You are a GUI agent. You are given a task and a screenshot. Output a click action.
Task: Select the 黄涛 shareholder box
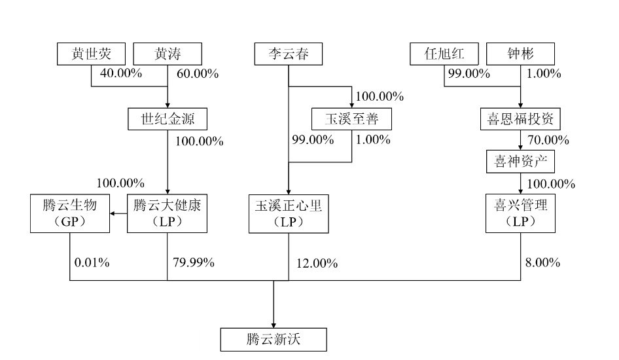click(x=167, y=54)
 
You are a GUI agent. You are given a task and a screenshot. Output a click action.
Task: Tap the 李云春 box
click(x=289, y=54)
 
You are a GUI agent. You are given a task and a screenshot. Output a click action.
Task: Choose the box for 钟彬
click(x=521, y=54)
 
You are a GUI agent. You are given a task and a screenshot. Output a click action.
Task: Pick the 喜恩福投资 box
click(x=520, y=120)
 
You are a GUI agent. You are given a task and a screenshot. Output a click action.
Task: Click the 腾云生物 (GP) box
click(x=69, y=213)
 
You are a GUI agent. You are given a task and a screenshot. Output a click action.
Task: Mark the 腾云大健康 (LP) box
click(x=167, y=213)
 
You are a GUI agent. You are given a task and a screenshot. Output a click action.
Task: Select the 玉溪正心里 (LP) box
click(x=289, y=213)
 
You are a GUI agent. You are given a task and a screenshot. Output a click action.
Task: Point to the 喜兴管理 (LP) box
click(x=520, y=213)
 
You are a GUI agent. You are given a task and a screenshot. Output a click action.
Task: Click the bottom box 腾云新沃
click(x=273, y=340)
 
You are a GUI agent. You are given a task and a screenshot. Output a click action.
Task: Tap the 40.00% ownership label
click(x=120, y=73)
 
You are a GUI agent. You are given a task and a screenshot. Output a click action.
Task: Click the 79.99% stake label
click(x=194, y=263)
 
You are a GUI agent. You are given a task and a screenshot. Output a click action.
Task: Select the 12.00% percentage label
click(x=317, y=264)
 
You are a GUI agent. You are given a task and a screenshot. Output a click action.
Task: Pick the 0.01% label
click(x=92, y=263)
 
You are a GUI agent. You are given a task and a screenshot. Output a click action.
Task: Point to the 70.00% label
click(x=548, y=140)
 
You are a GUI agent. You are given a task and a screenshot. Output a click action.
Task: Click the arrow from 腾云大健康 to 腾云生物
click(x=117, y=213)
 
